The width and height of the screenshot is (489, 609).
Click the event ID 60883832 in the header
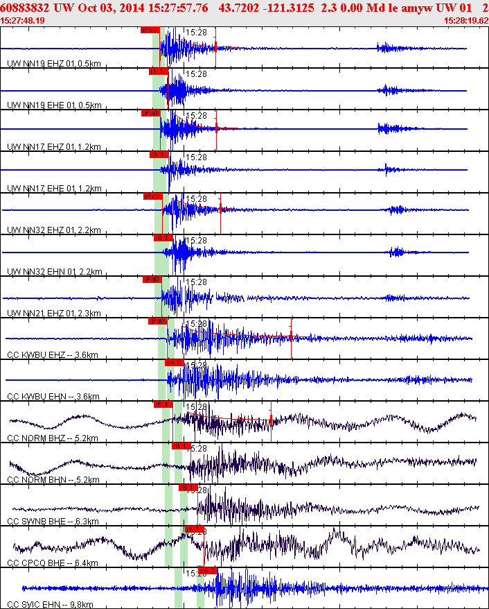(26, 7)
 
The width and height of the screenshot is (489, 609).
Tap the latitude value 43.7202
(241, 7)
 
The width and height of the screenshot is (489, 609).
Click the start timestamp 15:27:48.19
(24, 20)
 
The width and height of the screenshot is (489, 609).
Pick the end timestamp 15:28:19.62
(465, 20)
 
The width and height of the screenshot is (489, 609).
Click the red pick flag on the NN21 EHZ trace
(152, 280)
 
